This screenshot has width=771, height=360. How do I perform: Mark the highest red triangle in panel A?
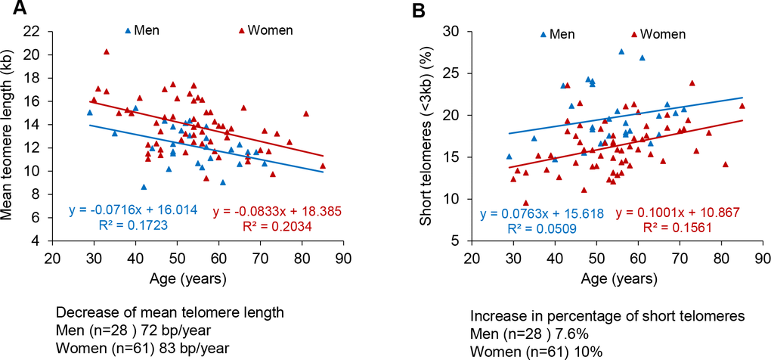tap(107, 51)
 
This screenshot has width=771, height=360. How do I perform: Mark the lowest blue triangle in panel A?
tap(144, 186)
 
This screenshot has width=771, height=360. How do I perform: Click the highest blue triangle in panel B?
tap(622, 51)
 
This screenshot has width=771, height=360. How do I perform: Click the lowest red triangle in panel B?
tap(525, 203)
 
